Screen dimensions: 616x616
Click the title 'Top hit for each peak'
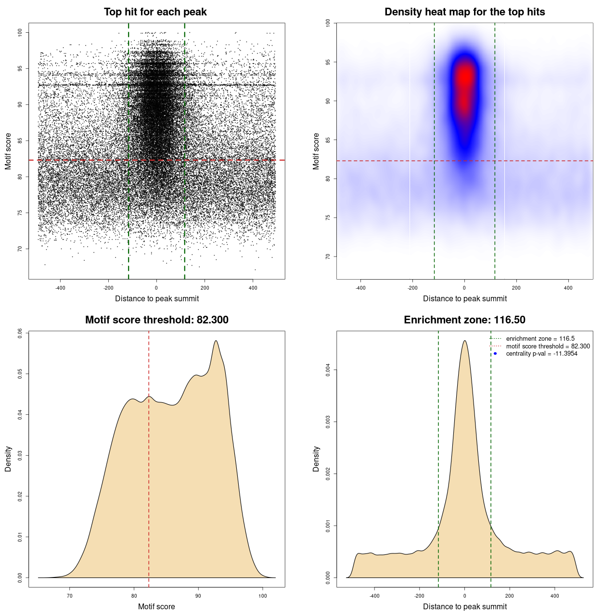coord(155,12)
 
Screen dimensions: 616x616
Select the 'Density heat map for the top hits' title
coord(464,12)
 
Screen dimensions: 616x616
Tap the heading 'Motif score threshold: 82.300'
coord(156,320)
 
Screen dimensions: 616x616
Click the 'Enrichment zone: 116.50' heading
coord(464,320)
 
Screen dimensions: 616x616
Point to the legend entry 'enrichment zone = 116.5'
coord(540,339)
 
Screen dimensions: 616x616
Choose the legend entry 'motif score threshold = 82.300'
coord(548,346)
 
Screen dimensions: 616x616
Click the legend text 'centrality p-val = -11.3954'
coord(541,354)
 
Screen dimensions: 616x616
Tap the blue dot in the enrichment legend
coord(495,354)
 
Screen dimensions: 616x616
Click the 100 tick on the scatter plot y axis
coord(20,32)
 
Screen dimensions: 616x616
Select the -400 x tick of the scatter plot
coord(60,288)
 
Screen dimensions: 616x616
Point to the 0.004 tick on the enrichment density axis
coord(328,370)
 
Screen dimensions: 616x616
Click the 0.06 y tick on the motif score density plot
coord(20,333)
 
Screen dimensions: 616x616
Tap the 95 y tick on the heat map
coord(328,62)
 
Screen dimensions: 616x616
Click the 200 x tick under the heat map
coord(516,288)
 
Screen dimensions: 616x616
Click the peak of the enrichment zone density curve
coord(464,341)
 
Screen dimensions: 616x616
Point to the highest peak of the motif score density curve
coord(216,341)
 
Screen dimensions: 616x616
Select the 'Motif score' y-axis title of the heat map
coord(316,151)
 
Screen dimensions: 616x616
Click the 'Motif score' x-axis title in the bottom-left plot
coord(156,606)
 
